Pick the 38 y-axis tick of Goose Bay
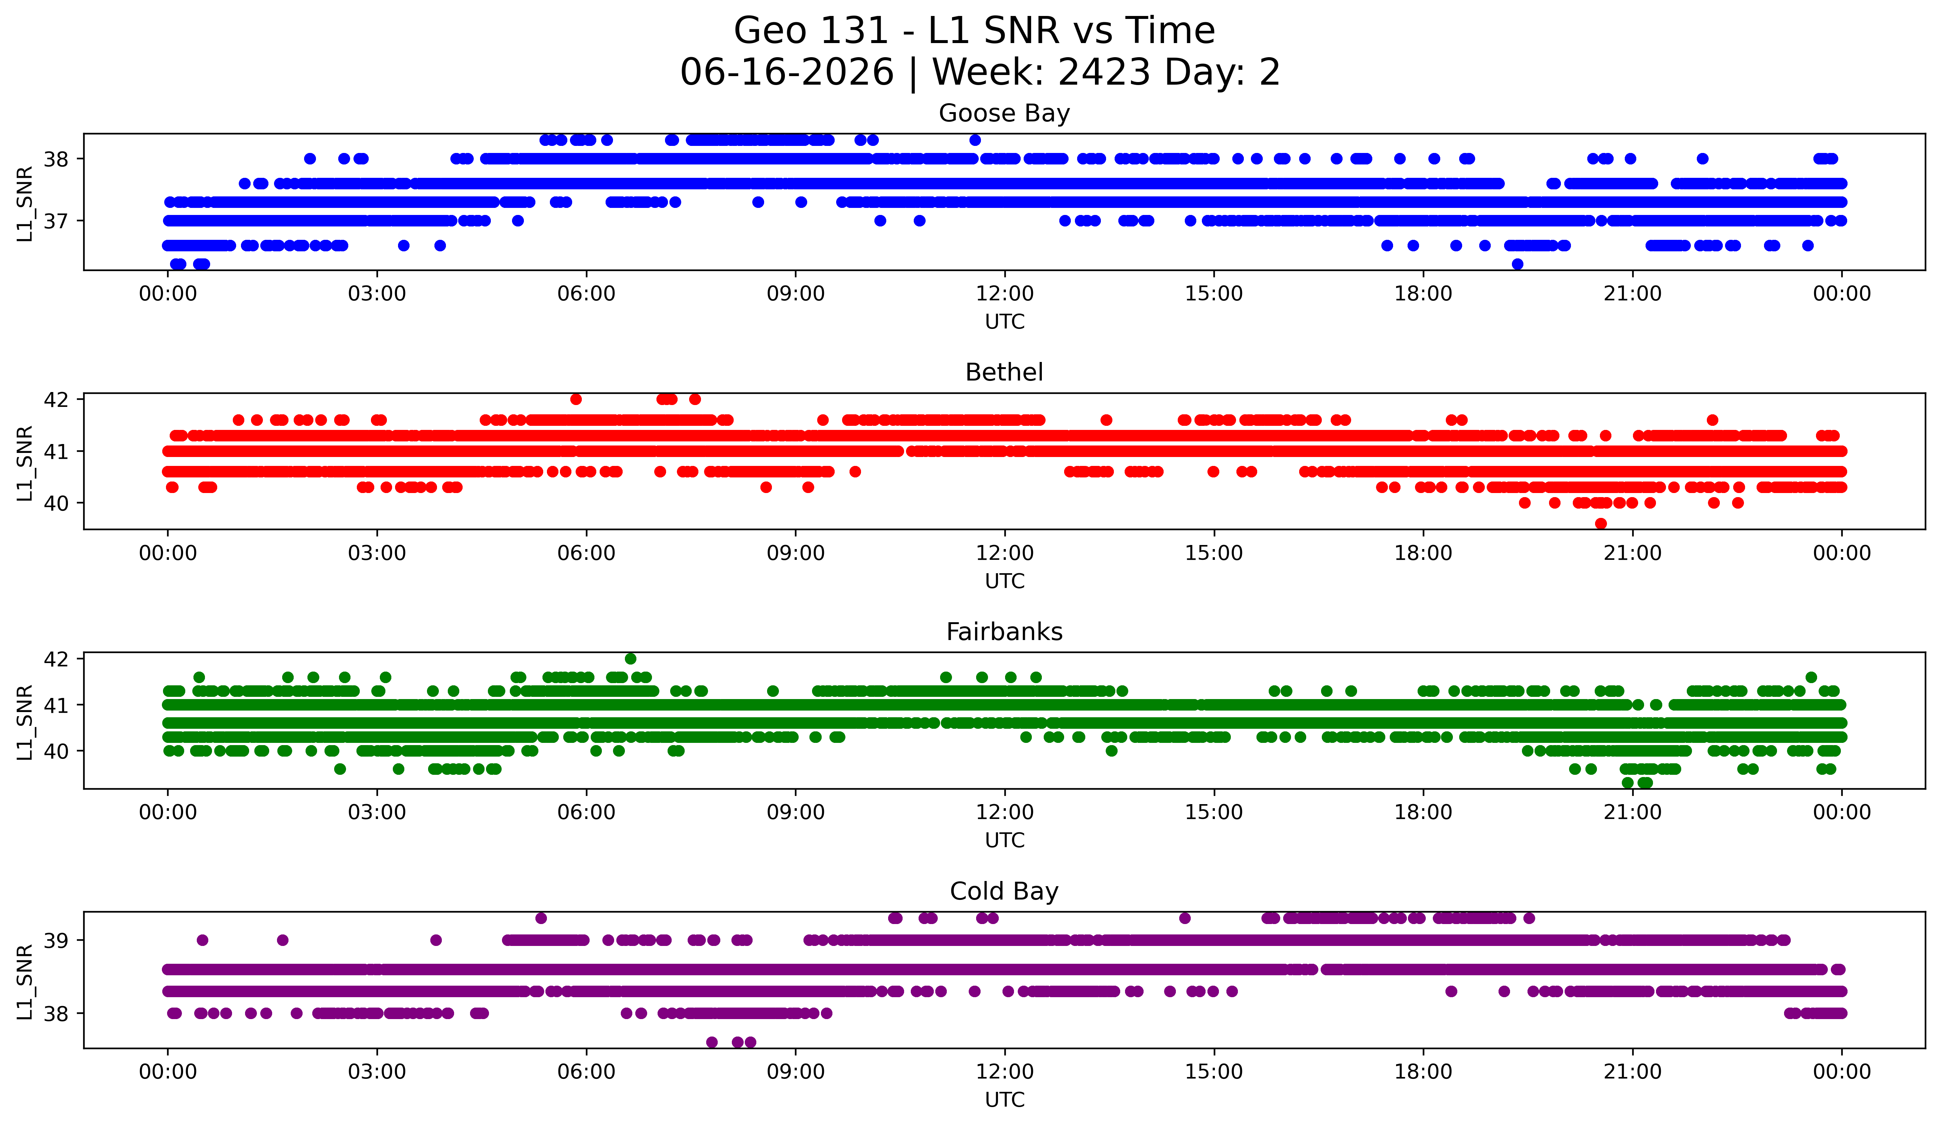55,159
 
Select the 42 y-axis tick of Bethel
55,399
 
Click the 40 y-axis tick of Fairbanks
55,751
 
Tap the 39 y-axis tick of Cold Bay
55,940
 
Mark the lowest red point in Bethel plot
1601,523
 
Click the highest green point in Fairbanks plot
630,659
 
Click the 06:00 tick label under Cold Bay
587,1071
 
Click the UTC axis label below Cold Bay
1005,1100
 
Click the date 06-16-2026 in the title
787,72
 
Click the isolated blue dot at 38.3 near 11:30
975,140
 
